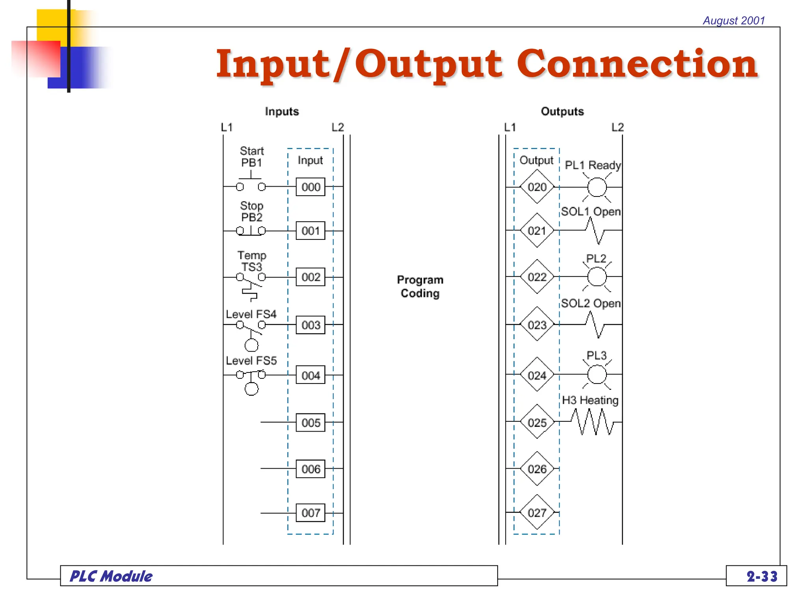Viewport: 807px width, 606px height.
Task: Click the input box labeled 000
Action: point(311,187)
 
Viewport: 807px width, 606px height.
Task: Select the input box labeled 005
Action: point(311,423)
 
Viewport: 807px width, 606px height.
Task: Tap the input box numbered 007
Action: point(311,512)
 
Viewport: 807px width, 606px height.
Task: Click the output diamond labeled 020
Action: point(537,187)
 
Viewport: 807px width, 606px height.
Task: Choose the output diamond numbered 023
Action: point(537,325)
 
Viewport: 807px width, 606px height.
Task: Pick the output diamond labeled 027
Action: point(537,512)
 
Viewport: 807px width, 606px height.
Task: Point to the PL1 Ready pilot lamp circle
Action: point(597,187)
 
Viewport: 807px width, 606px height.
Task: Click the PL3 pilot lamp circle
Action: point(597,374)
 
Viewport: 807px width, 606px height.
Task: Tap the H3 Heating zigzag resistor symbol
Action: point(594,422)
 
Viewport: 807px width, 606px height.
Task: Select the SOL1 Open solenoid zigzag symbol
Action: point(595,230)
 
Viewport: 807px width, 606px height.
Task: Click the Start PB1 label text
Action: point(251,157)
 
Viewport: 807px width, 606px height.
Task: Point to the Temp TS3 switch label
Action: point(251,261)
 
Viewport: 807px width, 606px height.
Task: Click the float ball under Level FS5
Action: point(251,389)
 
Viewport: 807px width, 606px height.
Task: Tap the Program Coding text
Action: point(420,286)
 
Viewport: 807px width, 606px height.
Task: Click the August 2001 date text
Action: point(734,21)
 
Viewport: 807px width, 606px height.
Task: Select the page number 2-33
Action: point(762,576)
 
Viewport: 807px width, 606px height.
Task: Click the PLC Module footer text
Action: point(111,576)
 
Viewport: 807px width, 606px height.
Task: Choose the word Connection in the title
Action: point(637,64)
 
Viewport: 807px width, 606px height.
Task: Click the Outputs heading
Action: point(562,112)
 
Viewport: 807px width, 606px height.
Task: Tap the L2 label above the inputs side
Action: point(338,127)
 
